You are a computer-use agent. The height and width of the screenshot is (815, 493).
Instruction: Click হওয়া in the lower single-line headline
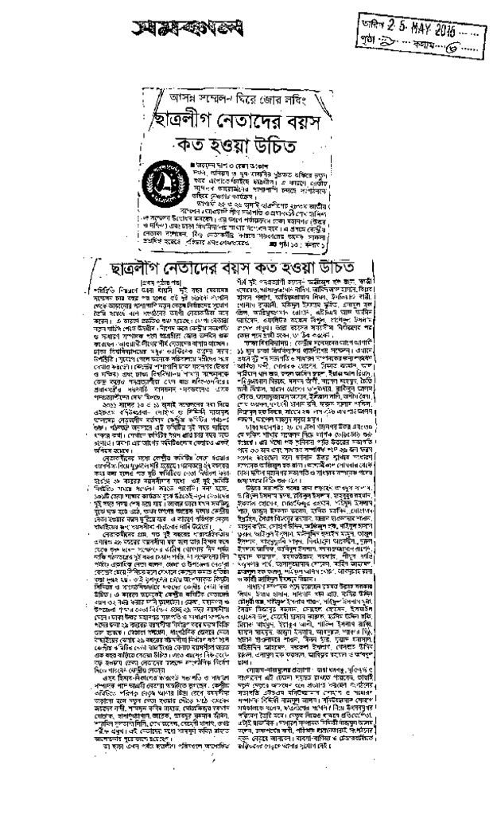tap(298, 245)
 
